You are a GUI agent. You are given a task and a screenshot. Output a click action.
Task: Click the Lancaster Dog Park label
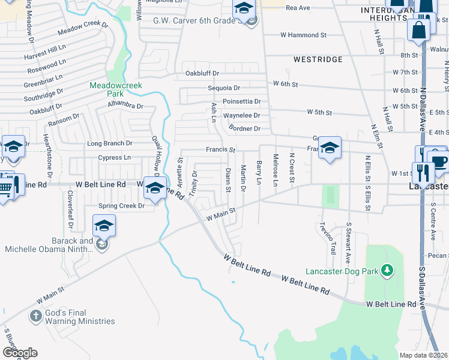click(x=342, y=271)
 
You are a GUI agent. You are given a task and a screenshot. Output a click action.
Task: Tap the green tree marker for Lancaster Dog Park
click(x=388, y=271)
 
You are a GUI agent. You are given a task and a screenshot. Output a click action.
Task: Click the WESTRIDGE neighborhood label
click(x=318, y=60)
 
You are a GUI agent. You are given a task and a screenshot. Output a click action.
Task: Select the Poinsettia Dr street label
click(x=242, y=101)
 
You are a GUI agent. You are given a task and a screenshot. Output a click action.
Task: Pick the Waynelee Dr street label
click(x=241, y=115)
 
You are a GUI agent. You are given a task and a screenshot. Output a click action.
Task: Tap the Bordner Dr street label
click(x=244, y=128)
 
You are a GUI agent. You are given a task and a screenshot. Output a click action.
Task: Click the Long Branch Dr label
click(x=109, y=143)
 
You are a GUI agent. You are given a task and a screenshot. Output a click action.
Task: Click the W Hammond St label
click(x=303, y=35)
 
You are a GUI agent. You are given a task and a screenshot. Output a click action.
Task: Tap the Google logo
click(x=19, y=353)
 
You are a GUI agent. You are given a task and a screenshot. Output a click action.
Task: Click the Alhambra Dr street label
click(x=125, y=106)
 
